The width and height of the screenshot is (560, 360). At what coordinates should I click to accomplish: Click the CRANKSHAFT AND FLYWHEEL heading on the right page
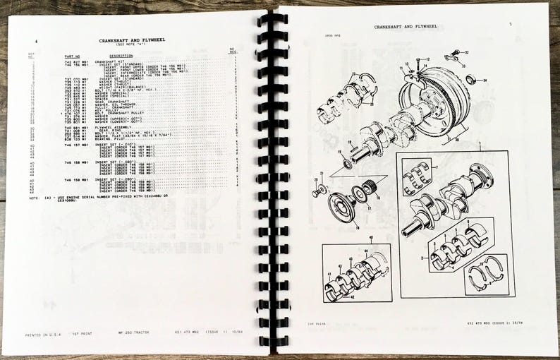(405, 26)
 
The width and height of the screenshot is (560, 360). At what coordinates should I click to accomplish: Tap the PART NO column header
(73, 54)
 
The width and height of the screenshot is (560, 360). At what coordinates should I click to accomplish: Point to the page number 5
(509, 23)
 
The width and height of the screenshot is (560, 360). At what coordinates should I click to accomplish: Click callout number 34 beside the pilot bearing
(486, 80)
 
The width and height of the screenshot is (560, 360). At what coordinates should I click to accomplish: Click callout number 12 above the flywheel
(427, 59)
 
